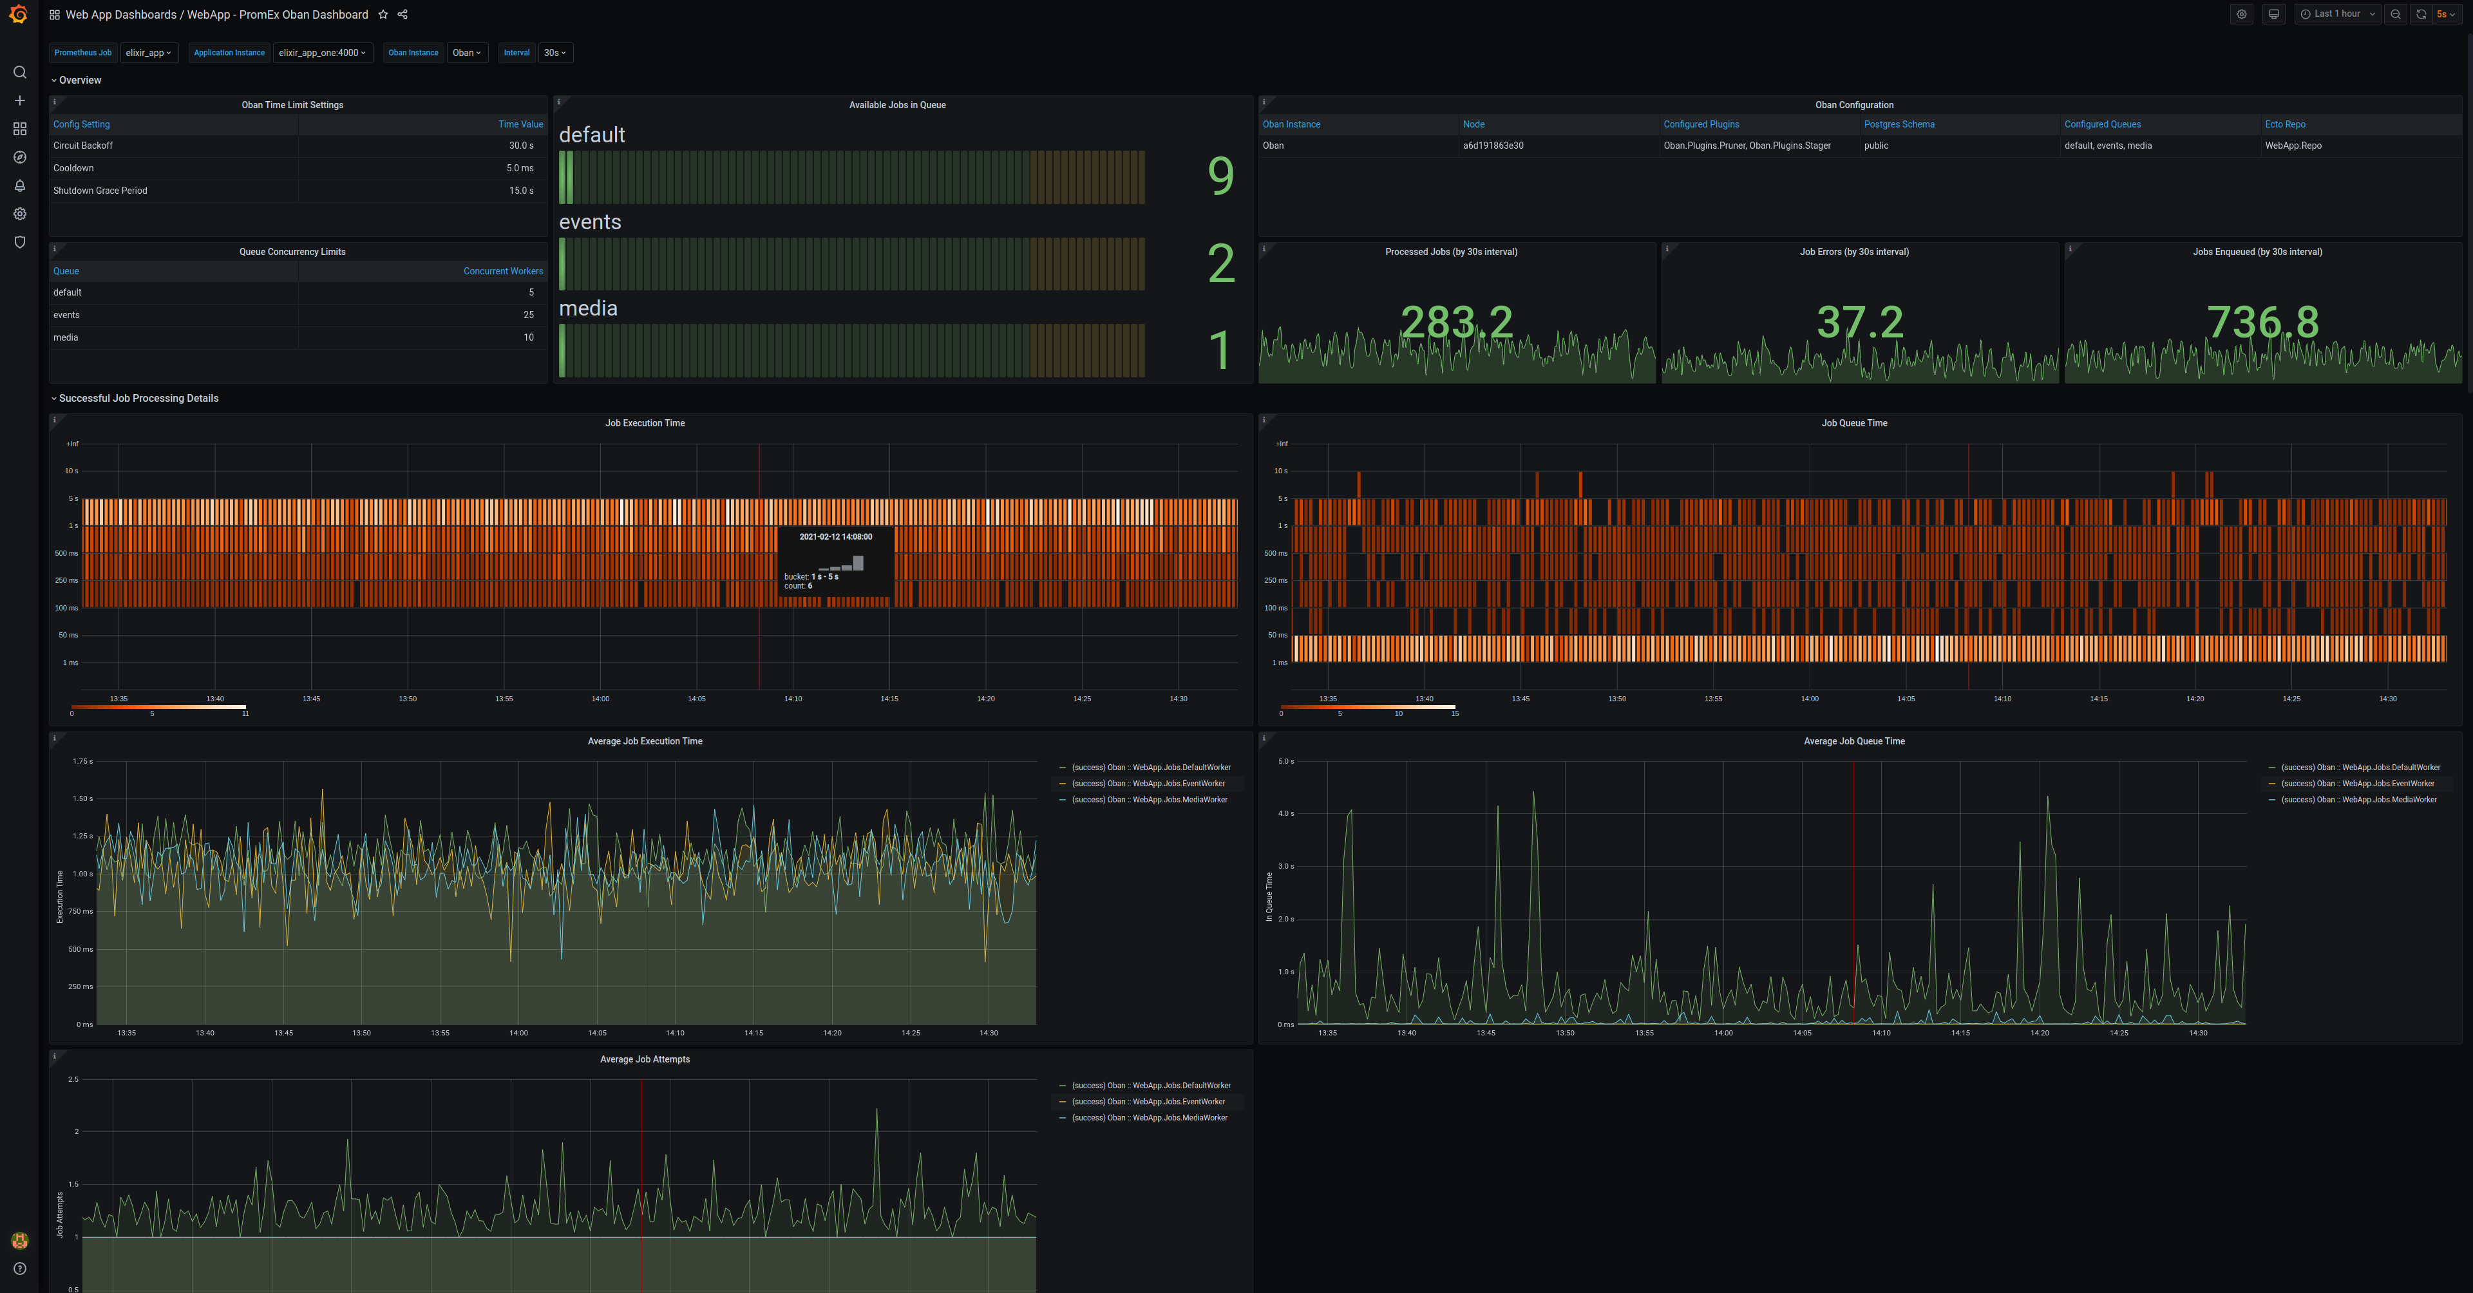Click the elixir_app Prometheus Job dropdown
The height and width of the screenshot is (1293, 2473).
(149, 53)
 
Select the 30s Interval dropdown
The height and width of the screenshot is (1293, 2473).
(555, 53)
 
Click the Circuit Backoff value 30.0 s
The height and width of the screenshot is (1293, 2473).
(520, 146)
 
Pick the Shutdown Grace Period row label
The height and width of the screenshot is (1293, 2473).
(100, 191)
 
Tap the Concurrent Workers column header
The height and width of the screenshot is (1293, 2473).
(502, 272)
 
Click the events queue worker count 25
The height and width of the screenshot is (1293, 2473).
(528, 315)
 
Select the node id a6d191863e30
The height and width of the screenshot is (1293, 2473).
(1493, 146)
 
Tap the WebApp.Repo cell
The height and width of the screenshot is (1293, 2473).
(2293, 146)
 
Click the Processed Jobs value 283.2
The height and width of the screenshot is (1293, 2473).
(1455, 323)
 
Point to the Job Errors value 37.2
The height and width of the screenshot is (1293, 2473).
(1859, 323)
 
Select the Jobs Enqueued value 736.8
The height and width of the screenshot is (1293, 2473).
(2262, 323)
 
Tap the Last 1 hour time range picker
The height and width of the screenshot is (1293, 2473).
(2336, 14)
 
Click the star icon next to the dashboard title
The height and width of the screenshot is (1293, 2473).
(383, 14)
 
